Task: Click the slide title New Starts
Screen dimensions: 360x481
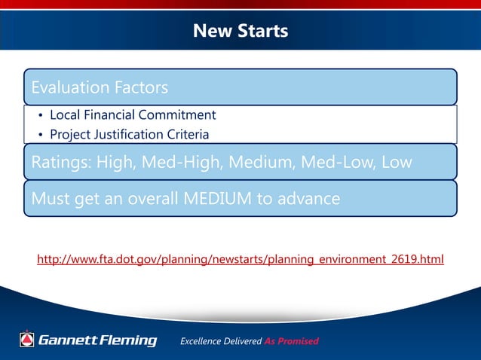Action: (x=240, y=31)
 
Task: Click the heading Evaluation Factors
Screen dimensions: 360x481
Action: (x=100, y=87)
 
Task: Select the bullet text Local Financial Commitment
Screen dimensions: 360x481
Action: (x=133, y=115)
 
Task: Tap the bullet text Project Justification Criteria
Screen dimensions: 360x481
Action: (x=129, y=134)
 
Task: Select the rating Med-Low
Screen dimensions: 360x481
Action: (x=337, y=162)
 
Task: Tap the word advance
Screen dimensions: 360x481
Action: (x=310, y=199)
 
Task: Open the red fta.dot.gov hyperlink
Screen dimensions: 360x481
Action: (x=240, y=260)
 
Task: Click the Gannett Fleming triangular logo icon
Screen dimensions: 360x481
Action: (x=27, y=340)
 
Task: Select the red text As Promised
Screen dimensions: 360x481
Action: (x=292, y=341)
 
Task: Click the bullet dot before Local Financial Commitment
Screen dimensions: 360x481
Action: (x=41, y=116)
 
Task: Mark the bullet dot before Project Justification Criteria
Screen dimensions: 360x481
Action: (x=41, y=135)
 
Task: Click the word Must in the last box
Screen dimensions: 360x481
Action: (x=49, y=199)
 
